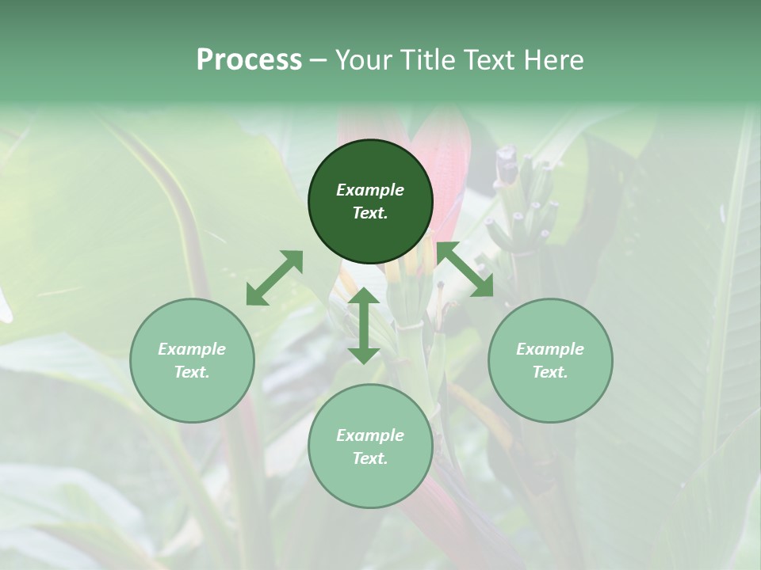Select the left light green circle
(192, 360)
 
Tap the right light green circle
(550, 360)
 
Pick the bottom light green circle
(370, 446)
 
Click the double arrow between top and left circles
(274, 278)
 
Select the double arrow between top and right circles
(465, 270)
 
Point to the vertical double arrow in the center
(364, 325)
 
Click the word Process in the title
(249, 60)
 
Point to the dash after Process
(318, 60)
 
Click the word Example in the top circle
(370, 190)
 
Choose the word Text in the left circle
(192, 372)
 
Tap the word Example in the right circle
(550, 349)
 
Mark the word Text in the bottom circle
(370, 458)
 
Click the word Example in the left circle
(192, 349)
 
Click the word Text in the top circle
(370, 213)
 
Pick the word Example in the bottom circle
(370, 435)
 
